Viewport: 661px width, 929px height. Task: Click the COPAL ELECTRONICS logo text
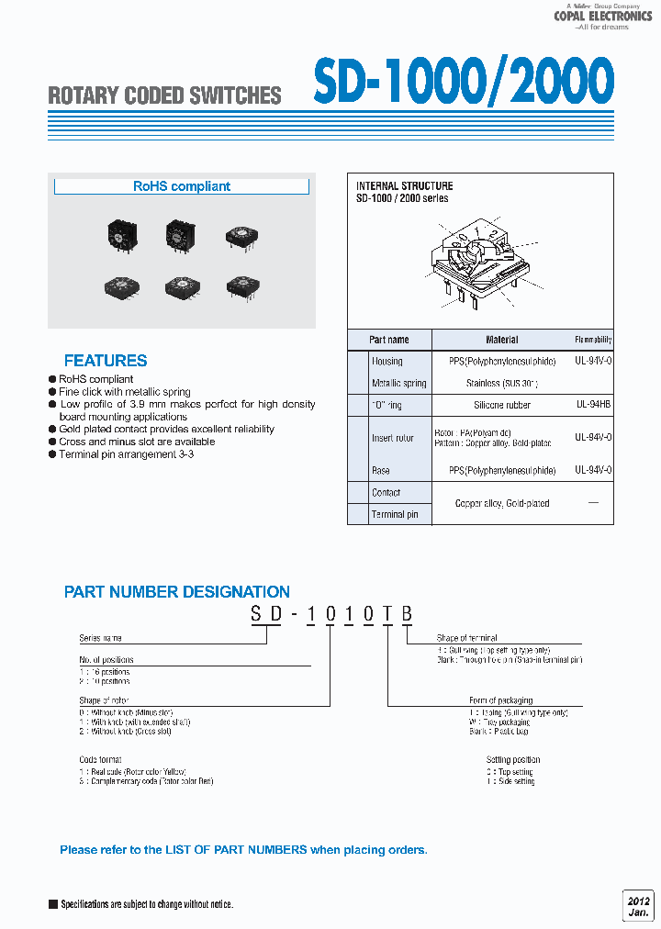(x=602, y=16)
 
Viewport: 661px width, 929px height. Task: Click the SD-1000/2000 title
(x=463, y=83)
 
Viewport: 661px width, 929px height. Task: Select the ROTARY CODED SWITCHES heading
(x=164, y=95)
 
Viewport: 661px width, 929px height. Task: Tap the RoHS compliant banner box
(x=182, y=186)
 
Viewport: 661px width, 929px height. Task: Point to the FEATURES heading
(x=106, y=361)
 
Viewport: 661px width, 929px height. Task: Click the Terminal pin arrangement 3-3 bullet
(x=135, y=454)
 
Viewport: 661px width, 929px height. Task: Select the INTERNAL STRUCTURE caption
(x=404, y=186)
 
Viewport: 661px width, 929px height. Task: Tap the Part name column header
(x=389, y=340)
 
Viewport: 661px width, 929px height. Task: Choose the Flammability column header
(x=593, y=340)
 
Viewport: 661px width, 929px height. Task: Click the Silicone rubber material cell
(x=501, y=405)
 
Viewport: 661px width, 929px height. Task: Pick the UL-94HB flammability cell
(x=593, y=405)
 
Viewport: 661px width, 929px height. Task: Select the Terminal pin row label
(x=395, y=514)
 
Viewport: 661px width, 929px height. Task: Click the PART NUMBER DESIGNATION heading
(x=177, y=592)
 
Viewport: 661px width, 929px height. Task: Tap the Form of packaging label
(x=500, y=700)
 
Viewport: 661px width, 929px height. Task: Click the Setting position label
(x=513, y=760)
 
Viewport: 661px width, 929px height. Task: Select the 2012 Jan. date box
(x=637, y=905)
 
